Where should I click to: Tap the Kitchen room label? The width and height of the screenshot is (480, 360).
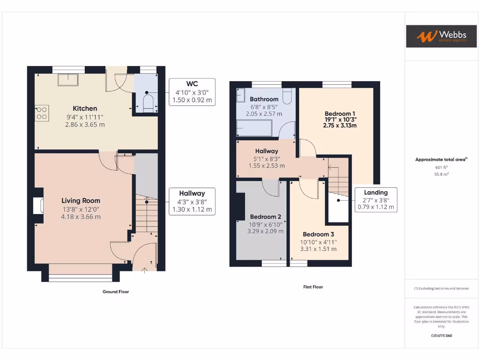[85, 108]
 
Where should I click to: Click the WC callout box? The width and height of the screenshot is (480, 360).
[193, 92]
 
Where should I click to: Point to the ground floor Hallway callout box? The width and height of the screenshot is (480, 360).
[192, 201]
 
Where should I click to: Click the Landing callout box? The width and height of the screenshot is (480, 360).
[376, 200]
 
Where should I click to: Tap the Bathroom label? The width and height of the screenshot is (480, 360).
[264, 99]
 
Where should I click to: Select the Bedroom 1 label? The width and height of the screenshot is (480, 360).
[340, 114]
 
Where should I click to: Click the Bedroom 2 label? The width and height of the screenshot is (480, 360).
[265, 217]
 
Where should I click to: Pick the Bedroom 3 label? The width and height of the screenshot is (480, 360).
[318, 234]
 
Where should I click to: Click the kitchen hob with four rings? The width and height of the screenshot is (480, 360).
[41, 113]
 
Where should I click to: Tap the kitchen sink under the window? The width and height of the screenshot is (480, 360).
[68, 80]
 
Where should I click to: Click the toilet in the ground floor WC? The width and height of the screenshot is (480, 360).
[149, 103]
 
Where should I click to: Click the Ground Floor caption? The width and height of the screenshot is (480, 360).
[116, 292]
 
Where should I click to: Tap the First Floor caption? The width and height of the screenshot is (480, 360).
[313, 287]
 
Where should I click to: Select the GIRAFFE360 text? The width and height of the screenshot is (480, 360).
[441, 336]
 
